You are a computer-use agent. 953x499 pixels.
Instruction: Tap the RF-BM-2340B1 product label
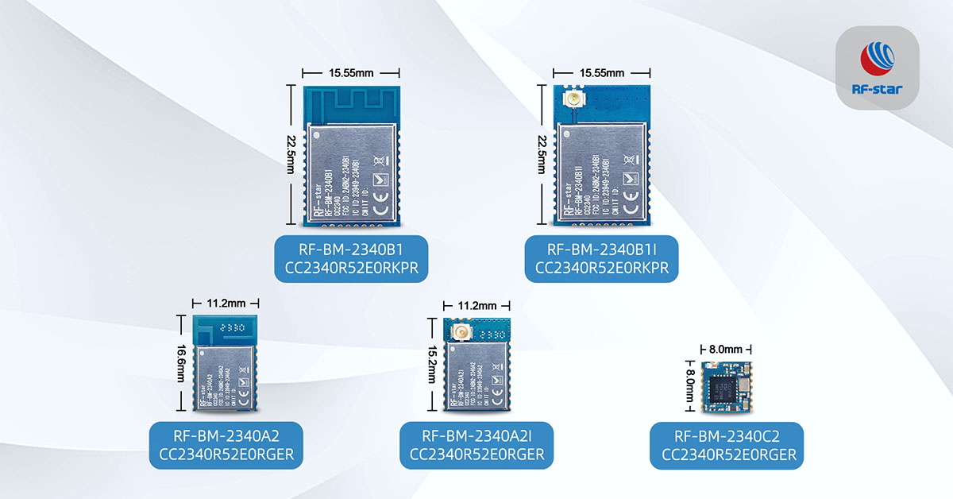[x=352, y=257]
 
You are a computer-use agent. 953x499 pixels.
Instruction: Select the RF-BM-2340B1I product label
[x=602, y=257]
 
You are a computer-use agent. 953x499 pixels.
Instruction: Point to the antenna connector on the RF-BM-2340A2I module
[x=457, y=332]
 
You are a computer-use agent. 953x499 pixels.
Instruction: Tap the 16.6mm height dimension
[x=181, y=362]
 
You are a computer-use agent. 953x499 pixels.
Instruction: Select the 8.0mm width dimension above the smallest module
[x=726, y=349]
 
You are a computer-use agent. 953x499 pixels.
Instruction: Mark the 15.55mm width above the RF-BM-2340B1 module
[x=351, y=73]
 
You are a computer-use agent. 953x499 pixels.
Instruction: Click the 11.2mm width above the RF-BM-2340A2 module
[x=226, y=303]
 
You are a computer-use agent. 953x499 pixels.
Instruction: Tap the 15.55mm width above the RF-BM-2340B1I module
[x=601, y=73]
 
